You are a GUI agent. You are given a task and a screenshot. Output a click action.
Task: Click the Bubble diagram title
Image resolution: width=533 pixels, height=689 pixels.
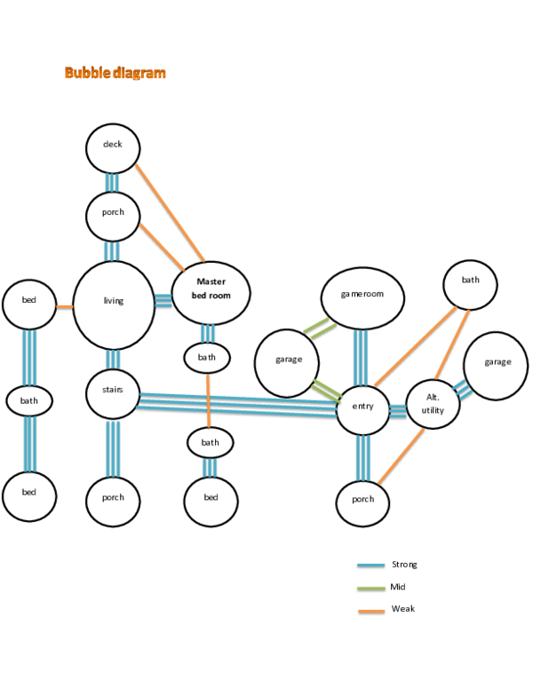click(115, 74)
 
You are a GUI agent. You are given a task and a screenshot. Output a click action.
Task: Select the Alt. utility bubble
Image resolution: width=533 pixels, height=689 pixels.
click(433, 404)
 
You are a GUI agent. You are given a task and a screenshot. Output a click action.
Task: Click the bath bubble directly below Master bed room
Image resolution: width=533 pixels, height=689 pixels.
click(207, 358)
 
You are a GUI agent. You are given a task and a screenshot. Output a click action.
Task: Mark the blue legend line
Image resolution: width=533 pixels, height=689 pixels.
click(370, 565)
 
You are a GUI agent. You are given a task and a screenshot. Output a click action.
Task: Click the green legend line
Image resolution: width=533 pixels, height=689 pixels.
click(370, 588)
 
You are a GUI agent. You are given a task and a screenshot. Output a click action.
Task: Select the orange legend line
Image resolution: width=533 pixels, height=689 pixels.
click(370, 611)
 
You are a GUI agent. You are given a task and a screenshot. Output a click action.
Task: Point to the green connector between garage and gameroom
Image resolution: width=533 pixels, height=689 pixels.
click(320, 328)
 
